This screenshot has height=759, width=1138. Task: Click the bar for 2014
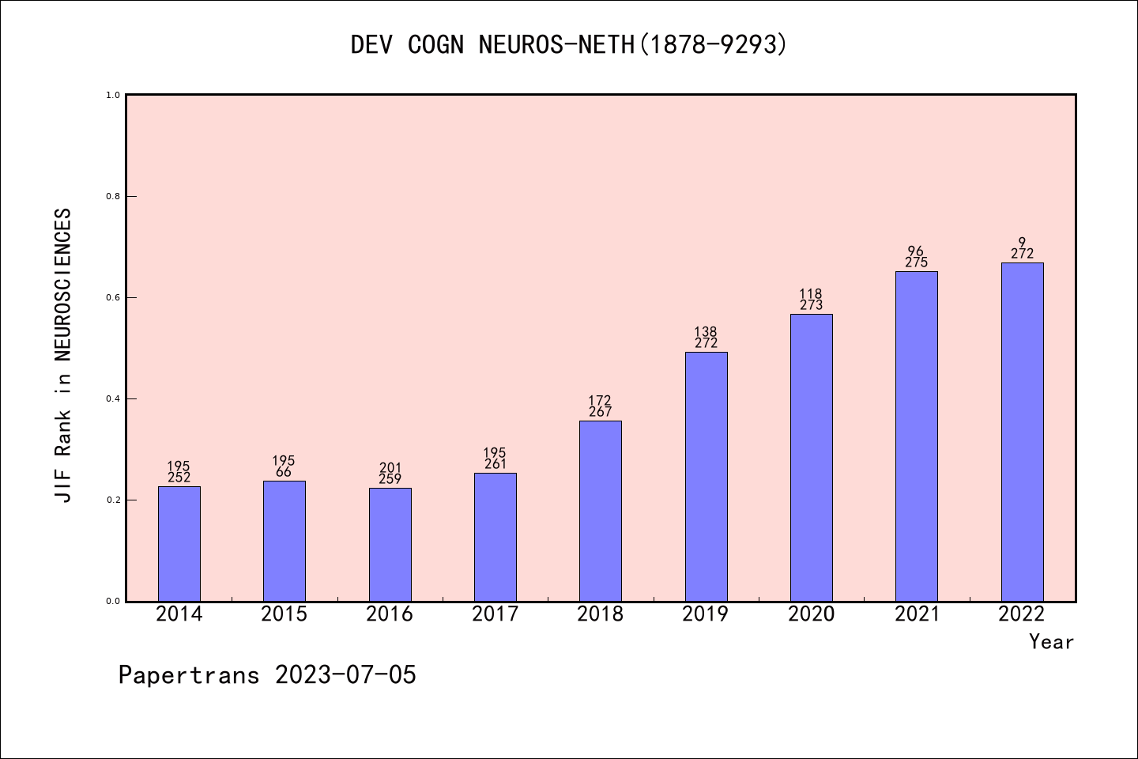click(x=179, y=544)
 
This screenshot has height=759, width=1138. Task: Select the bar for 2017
click(x=496, y=538)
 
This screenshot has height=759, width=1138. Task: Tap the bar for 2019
click(x=706, y=477)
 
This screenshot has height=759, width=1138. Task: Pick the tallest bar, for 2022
click(x=1022, y=432)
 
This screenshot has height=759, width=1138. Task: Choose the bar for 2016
click(x=390, y=545)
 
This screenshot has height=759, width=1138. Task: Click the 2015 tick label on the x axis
click(x=284, y=614)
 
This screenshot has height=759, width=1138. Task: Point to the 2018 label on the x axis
click(x=600, y=614)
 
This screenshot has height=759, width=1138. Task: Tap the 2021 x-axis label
click(x=916, y=614)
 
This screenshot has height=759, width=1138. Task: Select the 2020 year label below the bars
click(x=811, y=614)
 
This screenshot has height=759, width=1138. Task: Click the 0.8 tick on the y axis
click(x=113, y=196)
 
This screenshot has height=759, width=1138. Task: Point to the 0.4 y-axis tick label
click(x=113, y=398)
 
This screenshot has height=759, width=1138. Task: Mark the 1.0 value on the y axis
click(x=113, y=95)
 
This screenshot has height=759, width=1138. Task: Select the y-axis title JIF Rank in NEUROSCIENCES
click(x=63, y=355)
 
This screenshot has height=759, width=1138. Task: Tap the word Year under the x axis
click(x=1051, y=642)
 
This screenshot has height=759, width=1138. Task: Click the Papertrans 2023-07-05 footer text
click(x=267, y=675)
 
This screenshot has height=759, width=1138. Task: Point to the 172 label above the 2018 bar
click(x=600, y=401)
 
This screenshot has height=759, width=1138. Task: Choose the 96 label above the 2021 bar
click(x=916, y=251)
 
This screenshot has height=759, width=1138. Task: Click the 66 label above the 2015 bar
click(x=284, y=472)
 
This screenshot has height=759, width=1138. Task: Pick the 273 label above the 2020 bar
click(x=811, y=305)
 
